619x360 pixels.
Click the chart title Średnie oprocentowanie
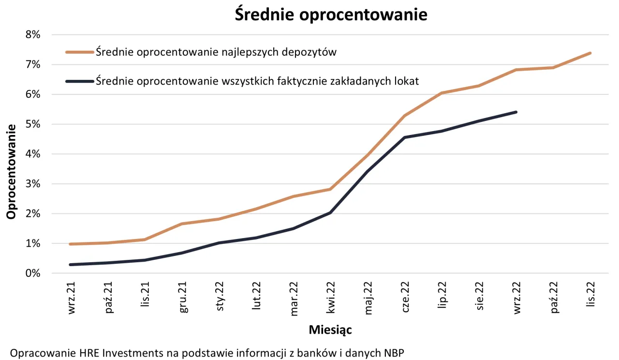click(x=331, y=15)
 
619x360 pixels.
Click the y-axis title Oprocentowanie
click(x=11, y=171)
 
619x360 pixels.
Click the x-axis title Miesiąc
click(x=330, y=330)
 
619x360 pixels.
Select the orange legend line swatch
click(x=79, y=52)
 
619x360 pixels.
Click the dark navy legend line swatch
click(x=79, y=81)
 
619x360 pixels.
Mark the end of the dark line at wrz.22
click(x=516, y=112)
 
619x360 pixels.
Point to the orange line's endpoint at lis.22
click(x=590, y=53)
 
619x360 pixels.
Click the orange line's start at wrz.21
click(x=71, y=244)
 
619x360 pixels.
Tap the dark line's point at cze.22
click(x=405, y=137)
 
